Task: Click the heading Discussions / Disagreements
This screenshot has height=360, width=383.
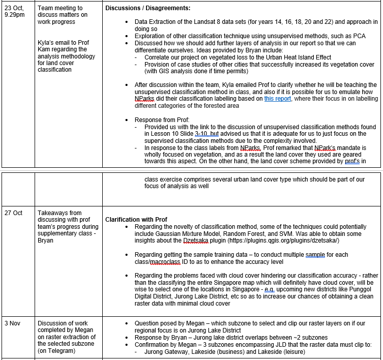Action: pos(148,9)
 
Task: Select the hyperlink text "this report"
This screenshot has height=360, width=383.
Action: pos(278,98)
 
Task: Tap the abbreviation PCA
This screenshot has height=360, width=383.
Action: pos(359,36)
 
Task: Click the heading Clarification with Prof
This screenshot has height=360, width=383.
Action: pos(136,220)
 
